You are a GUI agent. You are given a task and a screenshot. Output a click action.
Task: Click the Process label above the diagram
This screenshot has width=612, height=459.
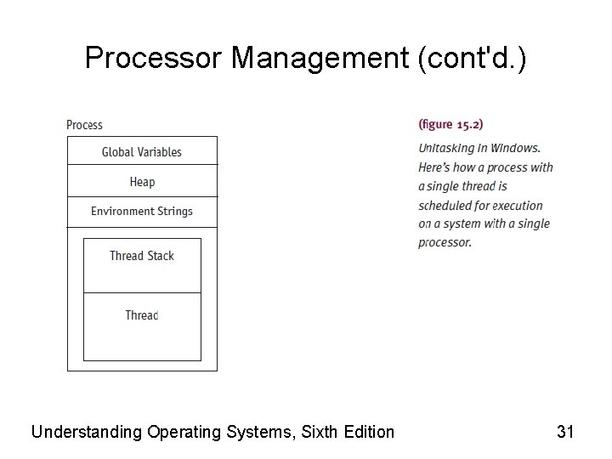coord(84,125)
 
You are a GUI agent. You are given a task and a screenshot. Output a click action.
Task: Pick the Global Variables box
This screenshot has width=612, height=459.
coord(142,152)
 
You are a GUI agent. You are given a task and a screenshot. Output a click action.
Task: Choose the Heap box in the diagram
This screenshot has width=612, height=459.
coord(142,182)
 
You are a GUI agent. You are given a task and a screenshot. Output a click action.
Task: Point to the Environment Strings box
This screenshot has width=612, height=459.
coord(142,212)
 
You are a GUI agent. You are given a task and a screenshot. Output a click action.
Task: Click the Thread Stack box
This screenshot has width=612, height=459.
coord(142,256)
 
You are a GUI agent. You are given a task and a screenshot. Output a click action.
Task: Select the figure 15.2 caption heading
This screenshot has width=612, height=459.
coord(450,124)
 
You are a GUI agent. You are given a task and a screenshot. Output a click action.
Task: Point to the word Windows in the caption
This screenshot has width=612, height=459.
coord(516,148)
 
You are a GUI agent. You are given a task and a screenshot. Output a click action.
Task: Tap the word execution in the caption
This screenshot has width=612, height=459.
coord(517,205)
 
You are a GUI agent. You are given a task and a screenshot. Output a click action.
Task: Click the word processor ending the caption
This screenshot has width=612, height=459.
coord(444,242)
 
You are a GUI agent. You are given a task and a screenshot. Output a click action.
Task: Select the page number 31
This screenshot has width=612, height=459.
coord(565,432)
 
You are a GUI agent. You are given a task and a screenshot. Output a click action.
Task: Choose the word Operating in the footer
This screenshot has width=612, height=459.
coord(184,432)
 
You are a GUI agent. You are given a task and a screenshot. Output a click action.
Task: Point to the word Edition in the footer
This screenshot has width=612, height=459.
coord(368,432)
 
